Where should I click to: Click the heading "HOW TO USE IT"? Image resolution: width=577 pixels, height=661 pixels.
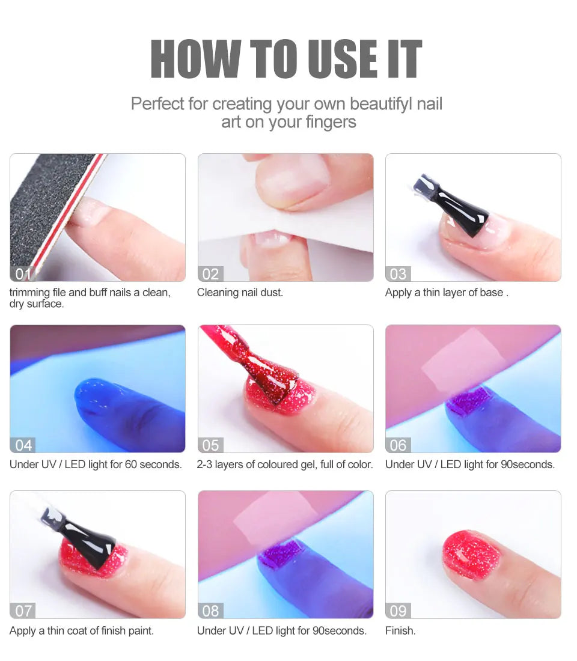pyautogui.click(x=286, y=59)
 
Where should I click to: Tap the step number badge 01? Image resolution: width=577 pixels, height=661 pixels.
pyautogui.click(x=22, y=274)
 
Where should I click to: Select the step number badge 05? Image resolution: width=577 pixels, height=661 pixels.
pyautogui.click(x=210, y=445)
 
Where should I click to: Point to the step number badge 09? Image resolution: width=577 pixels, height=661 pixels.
pyautogui.click(x=398, y=611)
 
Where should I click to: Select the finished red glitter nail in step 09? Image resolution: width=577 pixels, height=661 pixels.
pyautogui.click(x=472, y=555)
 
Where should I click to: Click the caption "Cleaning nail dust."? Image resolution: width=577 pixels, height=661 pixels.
pyautogui.click(x=240, y=293)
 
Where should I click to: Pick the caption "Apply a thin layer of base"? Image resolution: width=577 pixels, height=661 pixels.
pyautogui.click(x=447, y=293)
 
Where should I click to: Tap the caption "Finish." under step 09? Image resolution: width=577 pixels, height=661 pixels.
pyautogui.click(x=400, y=631)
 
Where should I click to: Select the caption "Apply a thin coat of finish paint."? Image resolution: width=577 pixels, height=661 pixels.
pyautogui.click(x=82, y=631)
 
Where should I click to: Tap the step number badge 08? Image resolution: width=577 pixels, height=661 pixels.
pyautogui.click(x=210, y=611)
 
